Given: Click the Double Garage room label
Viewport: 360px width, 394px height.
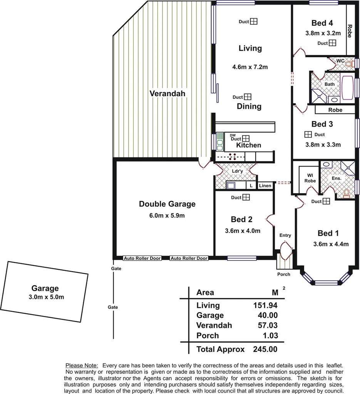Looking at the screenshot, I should coord(167,204).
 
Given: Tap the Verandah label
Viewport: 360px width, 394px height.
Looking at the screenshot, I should coord(167,93).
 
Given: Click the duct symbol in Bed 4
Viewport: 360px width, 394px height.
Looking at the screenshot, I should coord(332,43).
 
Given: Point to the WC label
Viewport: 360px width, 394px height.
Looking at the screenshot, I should coord(340,61).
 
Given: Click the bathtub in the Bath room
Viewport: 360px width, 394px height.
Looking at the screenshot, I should coord(348,88).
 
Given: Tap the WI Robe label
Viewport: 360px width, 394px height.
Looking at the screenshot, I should coord(310,178).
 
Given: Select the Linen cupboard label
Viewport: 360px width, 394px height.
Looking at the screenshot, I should coord(265,186).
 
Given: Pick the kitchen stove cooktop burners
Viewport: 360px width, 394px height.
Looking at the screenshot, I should coord(232,156).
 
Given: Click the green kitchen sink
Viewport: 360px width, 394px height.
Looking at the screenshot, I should coord(220,142).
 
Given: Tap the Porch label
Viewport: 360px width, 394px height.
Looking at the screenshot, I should coord(284,274).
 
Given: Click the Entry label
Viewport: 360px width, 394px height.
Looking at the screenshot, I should coord(285,235).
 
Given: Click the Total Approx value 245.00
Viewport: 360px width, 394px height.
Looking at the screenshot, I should coord(265,349).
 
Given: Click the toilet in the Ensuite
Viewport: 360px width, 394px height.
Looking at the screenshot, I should coord(347,193).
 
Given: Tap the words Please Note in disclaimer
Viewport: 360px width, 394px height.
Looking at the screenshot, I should coord(82,365).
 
